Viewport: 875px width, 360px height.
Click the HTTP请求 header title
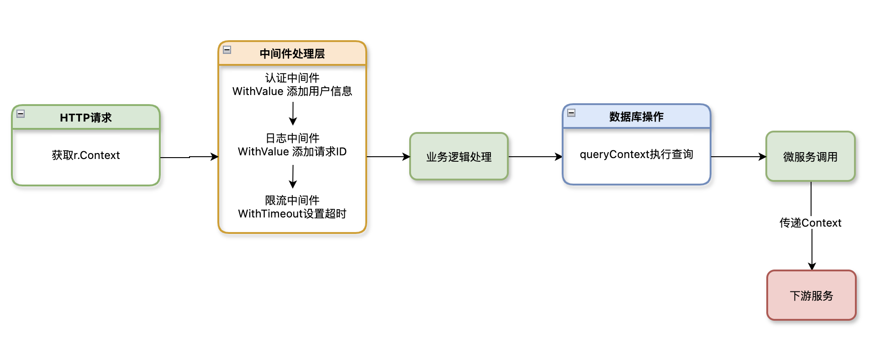click(86, 118)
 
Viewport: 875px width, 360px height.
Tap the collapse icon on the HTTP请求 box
click(21, 114)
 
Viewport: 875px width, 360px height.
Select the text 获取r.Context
click(86, 155)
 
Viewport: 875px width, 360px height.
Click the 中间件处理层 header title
click(292, 54)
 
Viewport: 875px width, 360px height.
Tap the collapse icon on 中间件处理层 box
click(227, 50)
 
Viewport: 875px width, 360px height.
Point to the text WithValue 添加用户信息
click(292, 91)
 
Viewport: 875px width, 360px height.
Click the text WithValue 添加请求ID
click(292, 152)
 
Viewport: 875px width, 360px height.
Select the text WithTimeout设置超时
click(292, 214)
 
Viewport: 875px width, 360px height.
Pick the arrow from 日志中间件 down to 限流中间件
click(293, 176)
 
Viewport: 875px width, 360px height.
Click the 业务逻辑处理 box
click(459, 157)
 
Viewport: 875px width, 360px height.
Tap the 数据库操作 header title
click(636, 117)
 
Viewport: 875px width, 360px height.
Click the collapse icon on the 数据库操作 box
click(571, 113)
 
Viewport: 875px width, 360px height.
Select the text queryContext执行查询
click(636, 154)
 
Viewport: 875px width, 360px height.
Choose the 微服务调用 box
click(810, 157)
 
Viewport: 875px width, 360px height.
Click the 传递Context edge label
click(810, 223)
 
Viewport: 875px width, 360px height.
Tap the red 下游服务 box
click(811, 296)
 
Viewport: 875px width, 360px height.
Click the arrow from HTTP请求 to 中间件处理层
click(189, 157)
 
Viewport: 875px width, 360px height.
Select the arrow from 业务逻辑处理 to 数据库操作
click(535, 157)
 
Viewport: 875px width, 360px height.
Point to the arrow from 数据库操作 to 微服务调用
click(738, 157)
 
